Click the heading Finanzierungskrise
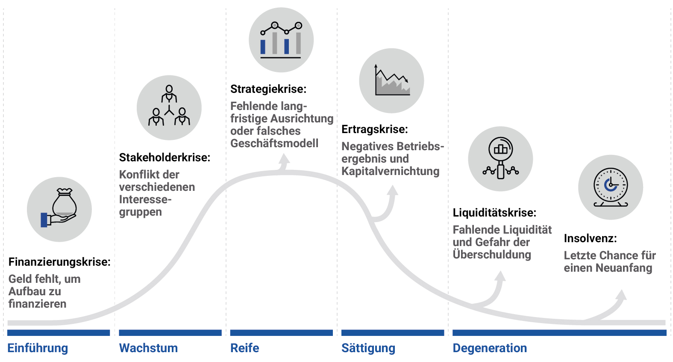tap(59, 262)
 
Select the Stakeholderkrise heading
tap(165, 157)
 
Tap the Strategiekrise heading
tap(268, 89)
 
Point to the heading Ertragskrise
tap(375, 129)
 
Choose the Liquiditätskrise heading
tap(494, 213)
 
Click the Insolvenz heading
tap(590, 238)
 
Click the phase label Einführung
tap(38, 348)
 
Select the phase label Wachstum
tap(148, 348)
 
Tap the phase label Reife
tap(245, 348)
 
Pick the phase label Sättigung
tap(368, 348)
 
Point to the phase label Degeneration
tap(490, 348)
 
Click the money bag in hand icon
tap(59, 209)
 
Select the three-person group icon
tap(169, 107)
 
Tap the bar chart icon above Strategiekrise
tap(281, 40)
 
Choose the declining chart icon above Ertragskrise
tap(391, 80)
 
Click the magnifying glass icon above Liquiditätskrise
tap(500, 159)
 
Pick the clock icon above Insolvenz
tap(611, 187)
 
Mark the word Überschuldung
tap(492, 255)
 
